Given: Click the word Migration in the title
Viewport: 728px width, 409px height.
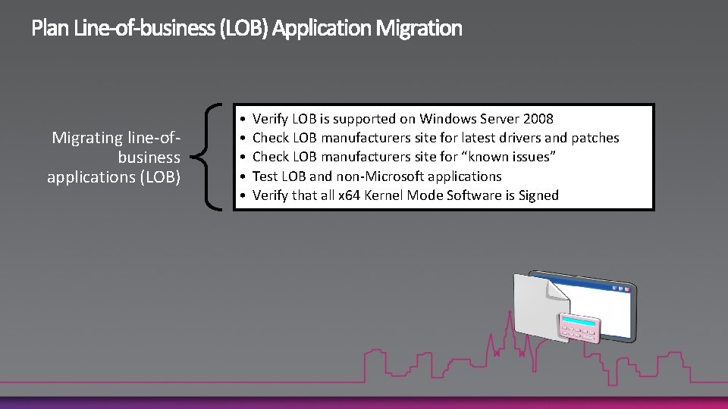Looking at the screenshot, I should [419, 29].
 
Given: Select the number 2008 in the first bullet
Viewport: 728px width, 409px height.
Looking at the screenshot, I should [538, 118].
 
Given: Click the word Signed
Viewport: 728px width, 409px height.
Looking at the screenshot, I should [538, 195].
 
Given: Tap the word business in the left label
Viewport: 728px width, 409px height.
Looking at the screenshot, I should [149, 158].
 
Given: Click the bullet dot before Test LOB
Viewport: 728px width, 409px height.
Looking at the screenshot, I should [240, 176].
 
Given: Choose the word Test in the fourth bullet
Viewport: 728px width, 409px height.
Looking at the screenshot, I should [265, 176].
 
